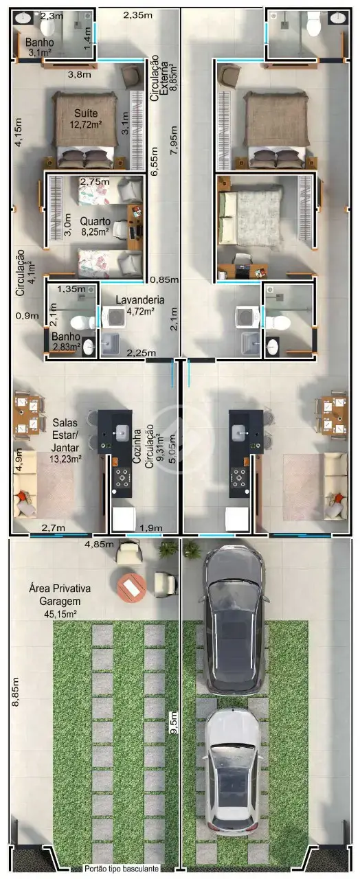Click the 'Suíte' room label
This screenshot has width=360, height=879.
[86, 113]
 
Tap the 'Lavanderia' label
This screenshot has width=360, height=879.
[139, 300]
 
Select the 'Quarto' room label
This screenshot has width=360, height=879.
[95, 221]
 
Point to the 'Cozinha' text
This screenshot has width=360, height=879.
[137, 446]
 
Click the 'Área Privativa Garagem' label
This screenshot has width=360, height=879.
[60, 595]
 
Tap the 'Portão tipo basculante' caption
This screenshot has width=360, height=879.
[122, 869]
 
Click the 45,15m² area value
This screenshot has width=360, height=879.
[60, 614]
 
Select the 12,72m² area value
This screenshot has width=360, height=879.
[86, 125]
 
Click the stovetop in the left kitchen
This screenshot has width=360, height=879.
[122, 477]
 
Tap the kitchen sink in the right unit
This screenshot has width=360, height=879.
[240, 433]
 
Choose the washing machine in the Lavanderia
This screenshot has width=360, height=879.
[114, 317]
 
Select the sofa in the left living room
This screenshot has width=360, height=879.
[25, 485]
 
